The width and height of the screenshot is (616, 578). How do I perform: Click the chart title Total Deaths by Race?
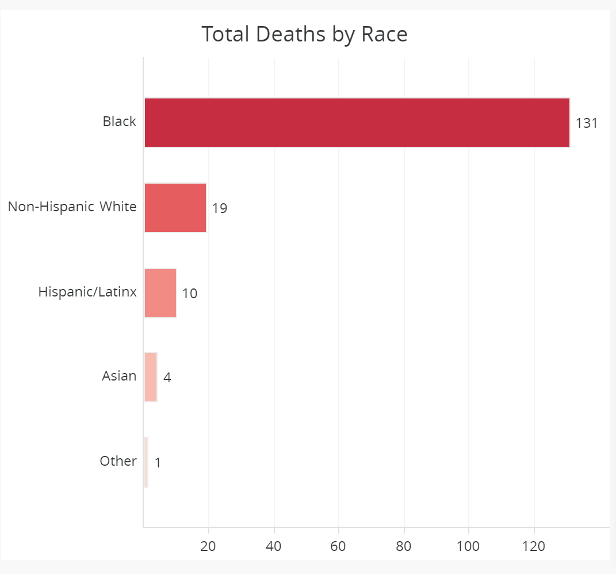304,35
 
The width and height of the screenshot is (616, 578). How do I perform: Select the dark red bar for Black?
357,123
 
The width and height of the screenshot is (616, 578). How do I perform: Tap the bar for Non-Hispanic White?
175,208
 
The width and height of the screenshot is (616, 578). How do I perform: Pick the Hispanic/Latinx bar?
160,293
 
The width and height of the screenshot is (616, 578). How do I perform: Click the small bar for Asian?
150,378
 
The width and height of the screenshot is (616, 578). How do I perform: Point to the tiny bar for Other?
146,462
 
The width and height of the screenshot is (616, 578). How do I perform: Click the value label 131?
587,123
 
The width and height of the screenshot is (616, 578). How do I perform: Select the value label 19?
220,208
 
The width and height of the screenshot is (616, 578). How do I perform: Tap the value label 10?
190,294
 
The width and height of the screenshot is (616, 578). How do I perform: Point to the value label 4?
167,378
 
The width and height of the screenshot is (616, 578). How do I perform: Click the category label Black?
120,121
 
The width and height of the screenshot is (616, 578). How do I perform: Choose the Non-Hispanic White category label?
72,207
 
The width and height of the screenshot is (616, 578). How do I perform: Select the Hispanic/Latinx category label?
87,292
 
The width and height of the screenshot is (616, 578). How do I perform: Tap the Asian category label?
119,377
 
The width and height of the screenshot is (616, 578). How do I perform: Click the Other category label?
118,461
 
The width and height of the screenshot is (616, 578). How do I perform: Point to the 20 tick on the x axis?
208,546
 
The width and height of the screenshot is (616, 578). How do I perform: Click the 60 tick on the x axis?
339,546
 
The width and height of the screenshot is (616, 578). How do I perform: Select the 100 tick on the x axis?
469,546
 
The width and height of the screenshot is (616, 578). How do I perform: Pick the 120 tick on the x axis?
534,546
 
